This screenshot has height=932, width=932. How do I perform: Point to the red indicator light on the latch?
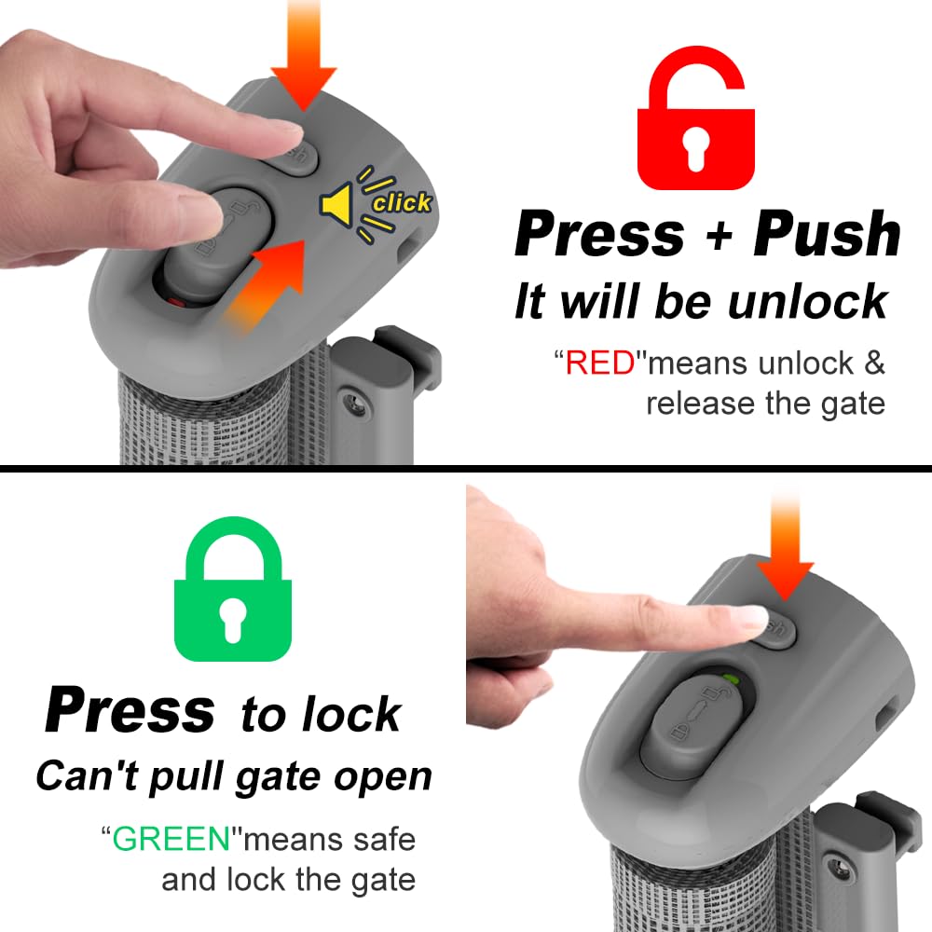176,300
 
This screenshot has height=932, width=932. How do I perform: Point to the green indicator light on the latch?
733,679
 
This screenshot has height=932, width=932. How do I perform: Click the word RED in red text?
600,363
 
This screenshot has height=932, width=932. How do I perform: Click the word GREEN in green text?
171,839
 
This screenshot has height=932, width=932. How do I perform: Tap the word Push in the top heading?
827,235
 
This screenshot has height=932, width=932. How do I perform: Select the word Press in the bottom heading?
130,710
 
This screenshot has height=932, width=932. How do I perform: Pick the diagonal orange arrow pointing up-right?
266,280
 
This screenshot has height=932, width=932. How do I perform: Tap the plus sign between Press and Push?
718,238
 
